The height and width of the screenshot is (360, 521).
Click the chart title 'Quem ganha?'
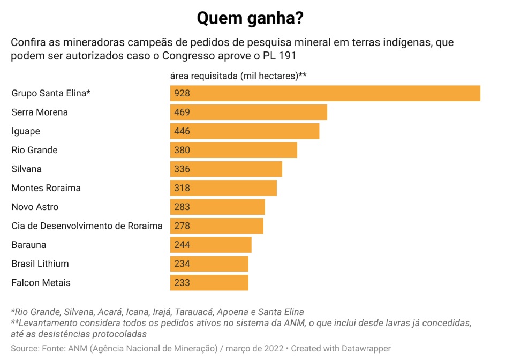[250, 18]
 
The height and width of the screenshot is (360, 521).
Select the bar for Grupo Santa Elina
[325, 93]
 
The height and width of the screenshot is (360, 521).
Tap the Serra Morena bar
[248, 112]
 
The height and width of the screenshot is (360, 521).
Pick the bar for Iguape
[245, 131]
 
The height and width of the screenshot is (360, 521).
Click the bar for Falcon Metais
[209, 283]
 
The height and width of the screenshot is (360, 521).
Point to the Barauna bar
[211, 245]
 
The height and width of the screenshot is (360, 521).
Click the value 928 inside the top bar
[182, 93]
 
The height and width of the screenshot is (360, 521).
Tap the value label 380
[182, 150]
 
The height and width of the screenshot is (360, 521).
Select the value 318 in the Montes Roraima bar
[182, 188]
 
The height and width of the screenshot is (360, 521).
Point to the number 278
[182, 226]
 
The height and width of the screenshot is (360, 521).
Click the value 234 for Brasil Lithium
[182, 264]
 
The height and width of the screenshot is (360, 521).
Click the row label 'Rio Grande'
[34, 150]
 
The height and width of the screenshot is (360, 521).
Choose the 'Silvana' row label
[26, 169]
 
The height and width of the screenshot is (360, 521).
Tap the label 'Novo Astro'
[35, 207]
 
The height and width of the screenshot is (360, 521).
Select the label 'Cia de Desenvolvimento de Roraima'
[87, 226]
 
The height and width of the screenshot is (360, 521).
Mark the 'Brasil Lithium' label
[40, 264]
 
